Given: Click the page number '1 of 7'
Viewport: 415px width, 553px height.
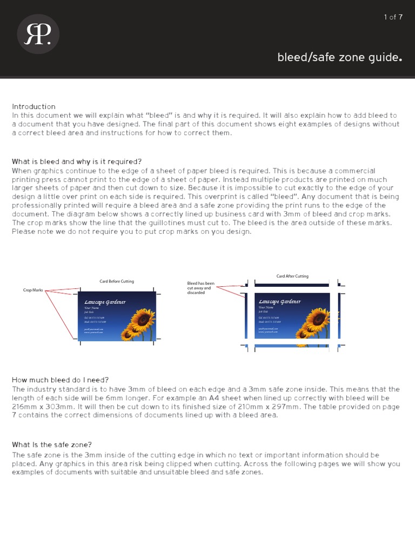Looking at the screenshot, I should (393, 17).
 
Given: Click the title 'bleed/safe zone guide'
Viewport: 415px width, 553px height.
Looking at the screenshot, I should (340, 57).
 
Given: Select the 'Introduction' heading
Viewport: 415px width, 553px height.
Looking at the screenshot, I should (34, 106).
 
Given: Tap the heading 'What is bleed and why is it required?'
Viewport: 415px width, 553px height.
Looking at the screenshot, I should (77, 161).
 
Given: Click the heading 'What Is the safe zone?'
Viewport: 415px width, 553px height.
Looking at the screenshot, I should (52, 444).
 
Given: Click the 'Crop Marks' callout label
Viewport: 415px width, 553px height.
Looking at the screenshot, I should (33, 291).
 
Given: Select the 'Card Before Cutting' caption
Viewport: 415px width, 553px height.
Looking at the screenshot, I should (116, 281).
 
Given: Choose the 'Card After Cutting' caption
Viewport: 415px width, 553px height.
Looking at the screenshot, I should (292, 276).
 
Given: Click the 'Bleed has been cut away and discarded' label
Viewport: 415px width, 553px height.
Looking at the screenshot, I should (200, 288).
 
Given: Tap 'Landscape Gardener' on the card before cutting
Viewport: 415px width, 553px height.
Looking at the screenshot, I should (105, 302).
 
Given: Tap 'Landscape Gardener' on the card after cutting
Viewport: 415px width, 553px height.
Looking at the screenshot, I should (279, 302).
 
